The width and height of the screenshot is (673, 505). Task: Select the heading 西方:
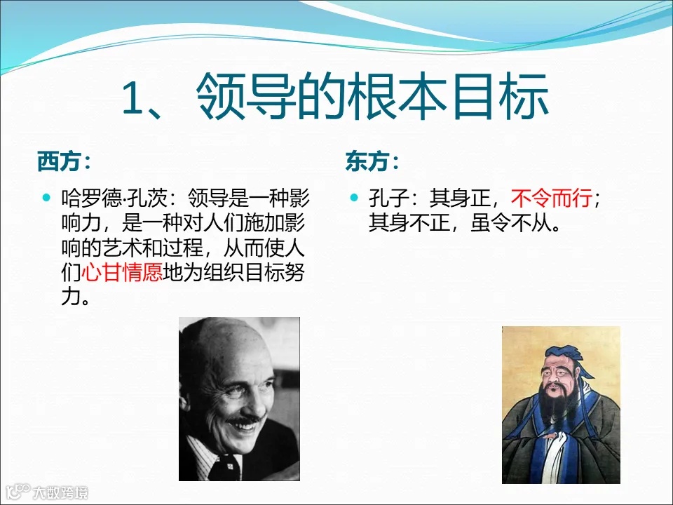tap(64, 162)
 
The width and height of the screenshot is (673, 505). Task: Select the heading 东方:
tap(372, 162)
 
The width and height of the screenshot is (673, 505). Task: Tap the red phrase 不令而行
tap(552, 199)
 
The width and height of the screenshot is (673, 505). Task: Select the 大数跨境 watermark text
tap(60, 492)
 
